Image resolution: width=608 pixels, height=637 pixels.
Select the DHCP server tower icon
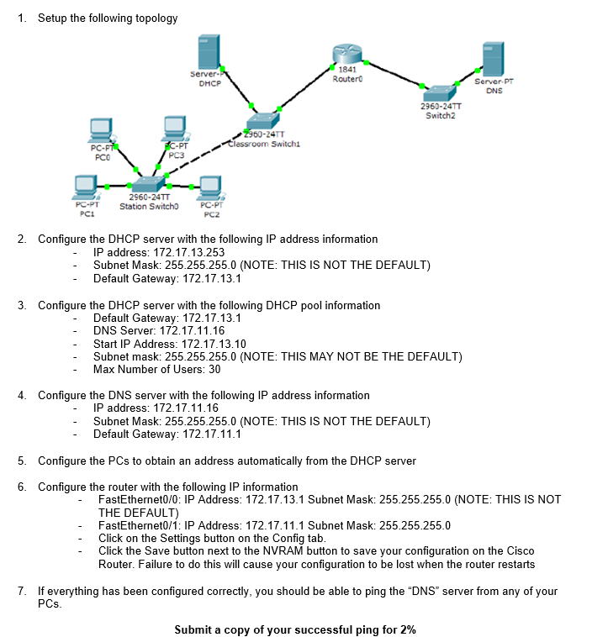click(209, 54)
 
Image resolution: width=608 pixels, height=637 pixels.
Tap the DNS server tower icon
click(493, 61)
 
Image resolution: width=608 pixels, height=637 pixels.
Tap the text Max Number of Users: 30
click(156, 370)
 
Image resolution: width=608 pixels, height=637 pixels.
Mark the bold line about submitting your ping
click(294, 629)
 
